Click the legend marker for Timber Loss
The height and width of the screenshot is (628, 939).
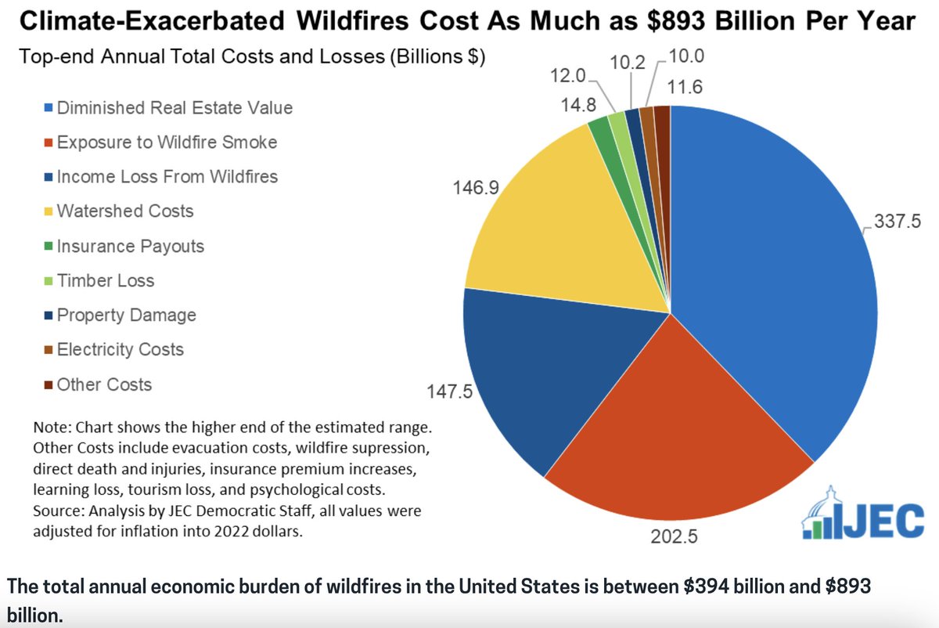pos(48,281)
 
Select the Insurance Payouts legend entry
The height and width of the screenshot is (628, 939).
pos(130,246)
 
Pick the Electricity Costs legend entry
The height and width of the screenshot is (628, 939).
pos(120,349)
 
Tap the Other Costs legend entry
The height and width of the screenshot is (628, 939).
pos(104,384)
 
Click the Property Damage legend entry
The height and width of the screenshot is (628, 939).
pos(126,315)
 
